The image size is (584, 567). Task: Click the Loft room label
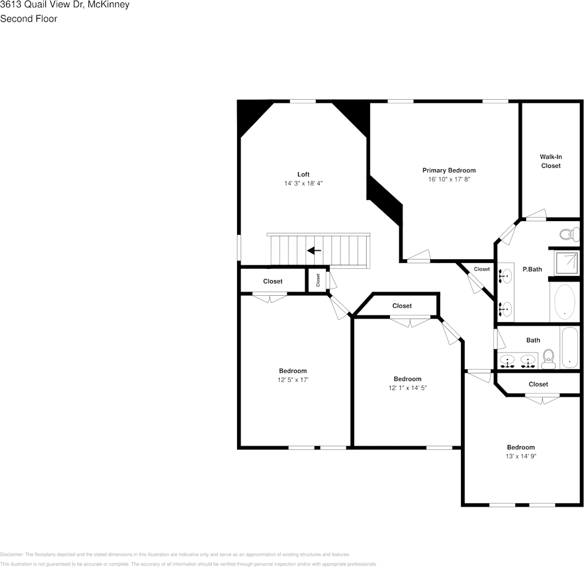(303, 174)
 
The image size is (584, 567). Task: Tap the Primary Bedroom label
(449, 170)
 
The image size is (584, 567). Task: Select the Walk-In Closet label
(551, 161)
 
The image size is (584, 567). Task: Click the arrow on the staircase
(314, 250)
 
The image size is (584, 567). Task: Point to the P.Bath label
(532, 269)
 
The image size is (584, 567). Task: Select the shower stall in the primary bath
(565, 263)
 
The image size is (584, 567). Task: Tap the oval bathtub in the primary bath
(564, 301)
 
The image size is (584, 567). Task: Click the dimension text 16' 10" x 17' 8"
(449, 179)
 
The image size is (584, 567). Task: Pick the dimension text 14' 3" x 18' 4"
(303, 183)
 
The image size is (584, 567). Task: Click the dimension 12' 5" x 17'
(293, 380)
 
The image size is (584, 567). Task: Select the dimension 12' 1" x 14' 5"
(407, 388)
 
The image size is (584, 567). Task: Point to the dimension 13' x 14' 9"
(521, 456)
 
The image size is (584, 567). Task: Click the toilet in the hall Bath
(549, 360)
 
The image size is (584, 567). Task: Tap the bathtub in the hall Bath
(570, 347)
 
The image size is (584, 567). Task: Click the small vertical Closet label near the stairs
(318, 280)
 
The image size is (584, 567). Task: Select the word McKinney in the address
(108, 5)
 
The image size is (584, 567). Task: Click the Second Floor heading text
(29, 19)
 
